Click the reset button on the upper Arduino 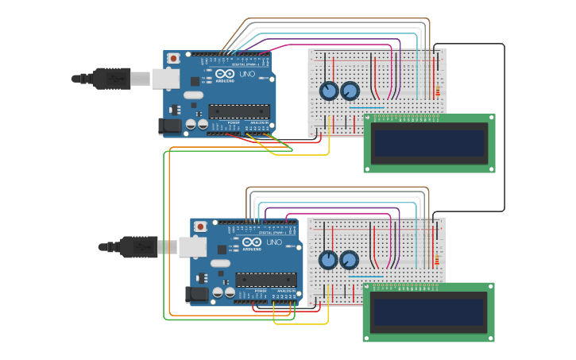coord(174,59)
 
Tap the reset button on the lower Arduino coord(200,226)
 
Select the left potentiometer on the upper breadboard coord(329,91)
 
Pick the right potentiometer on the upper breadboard coord(350,91)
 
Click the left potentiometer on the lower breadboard coord(328,260)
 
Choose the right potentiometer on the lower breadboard coord(349,260)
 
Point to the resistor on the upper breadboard coord(436,91)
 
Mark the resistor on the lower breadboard coord(436,260)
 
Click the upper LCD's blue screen coord(430,144)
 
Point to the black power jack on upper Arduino coord(169,126)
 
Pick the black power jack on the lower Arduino coord(196,295)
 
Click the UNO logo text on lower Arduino coord(273,242)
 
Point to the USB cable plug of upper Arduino coord(111,78)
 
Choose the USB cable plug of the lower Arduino coord(138,247)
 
